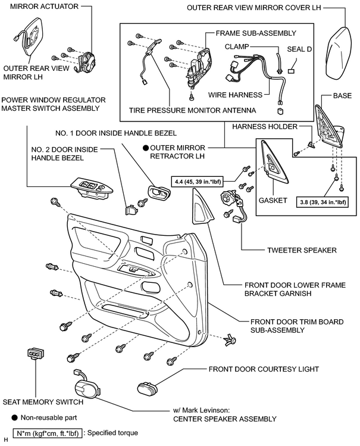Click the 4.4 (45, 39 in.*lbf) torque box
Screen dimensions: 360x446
pos(197,182)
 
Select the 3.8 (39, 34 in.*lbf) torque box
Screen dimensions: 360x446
pos(323,202)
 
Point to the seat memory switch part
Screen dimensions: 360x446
pos(36,353)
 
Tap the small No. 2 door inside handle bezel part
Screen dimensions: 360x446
pos(130,209)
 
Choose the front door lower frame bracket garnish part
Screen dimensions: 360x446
pos(203,207)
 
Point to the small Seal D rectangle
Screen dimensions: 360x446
pos(291,71)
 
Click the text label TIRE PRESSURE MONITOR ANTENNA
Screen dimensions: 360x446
pos(192,110)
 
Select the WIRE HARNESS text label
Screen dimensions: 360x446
pos(235,95)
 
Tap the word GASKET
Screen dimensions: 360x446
pos(273,200)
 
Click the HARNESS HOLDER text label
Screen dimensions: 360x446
pos(265,126)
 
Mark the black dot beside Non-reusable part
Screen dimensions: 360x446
pos(15,418)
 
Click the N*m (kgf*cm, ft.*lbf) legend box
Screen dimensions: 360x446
pos(48,433)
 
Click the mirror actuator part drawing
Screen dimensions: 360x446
pos(85,61)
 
